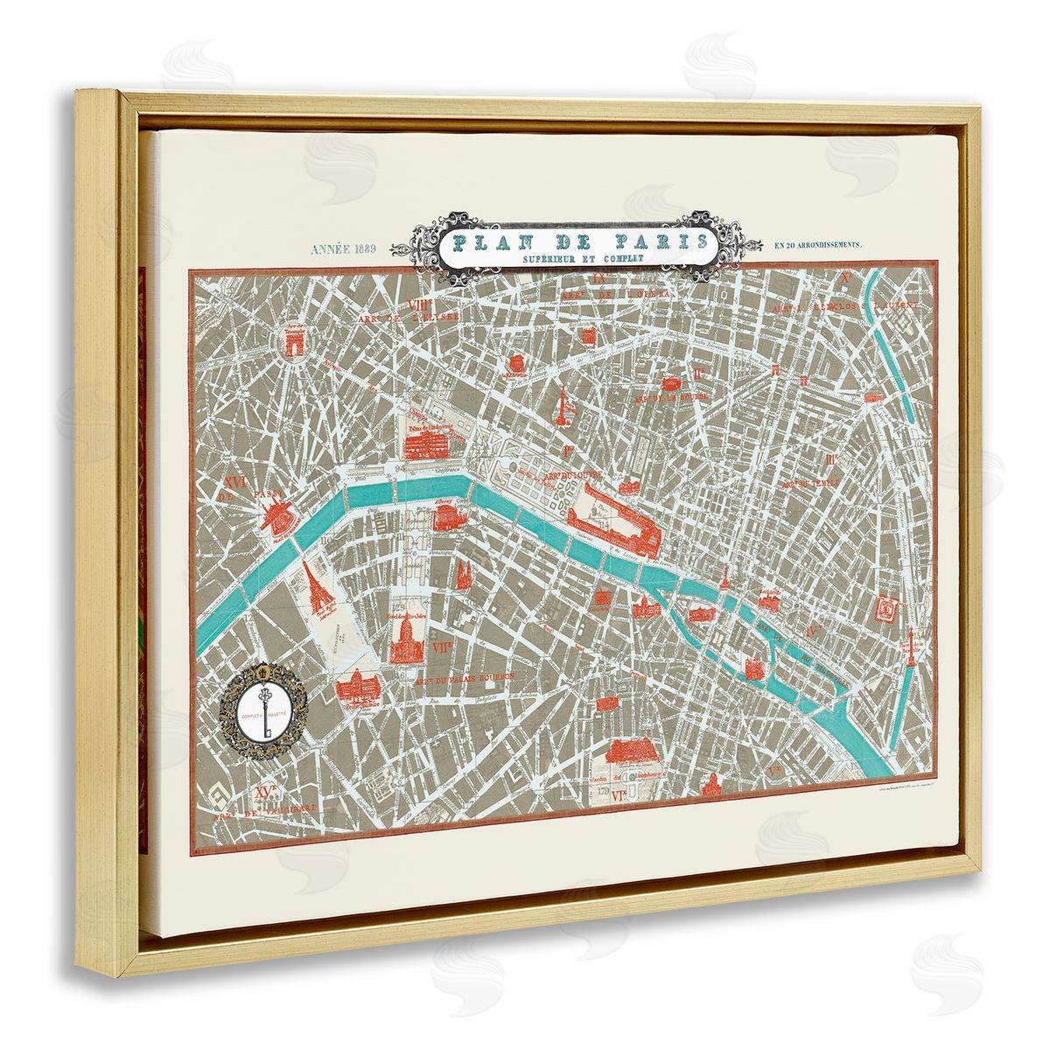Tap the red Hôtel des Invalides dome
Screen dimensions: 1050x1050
[405, 637]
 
